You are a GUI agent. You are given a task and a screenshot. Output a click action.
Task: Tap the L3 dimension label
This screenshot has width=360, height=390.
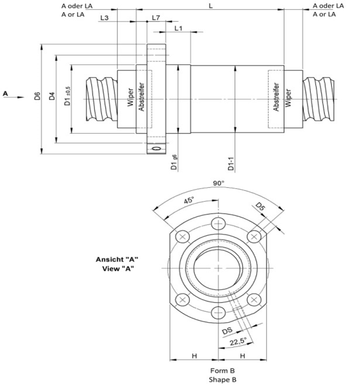(104, 18)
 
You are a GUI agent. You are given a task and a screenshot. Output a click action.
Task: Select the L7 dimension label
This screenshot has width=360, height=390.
(156, 18)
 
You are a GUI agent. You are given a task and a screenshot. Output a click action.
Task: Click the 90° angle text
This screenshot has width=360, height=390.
(218, 183)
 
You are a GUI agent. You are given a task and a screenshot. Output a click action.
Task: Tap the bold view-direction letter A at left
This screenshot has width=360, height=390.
(6, 93)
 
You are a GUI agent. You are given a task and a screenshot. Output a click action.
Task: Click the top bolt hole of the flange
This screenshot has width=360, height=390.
(217, 225)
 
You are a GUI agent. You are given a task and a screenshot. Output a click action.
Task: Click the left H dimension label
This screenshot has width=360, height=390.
(194, 356)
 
